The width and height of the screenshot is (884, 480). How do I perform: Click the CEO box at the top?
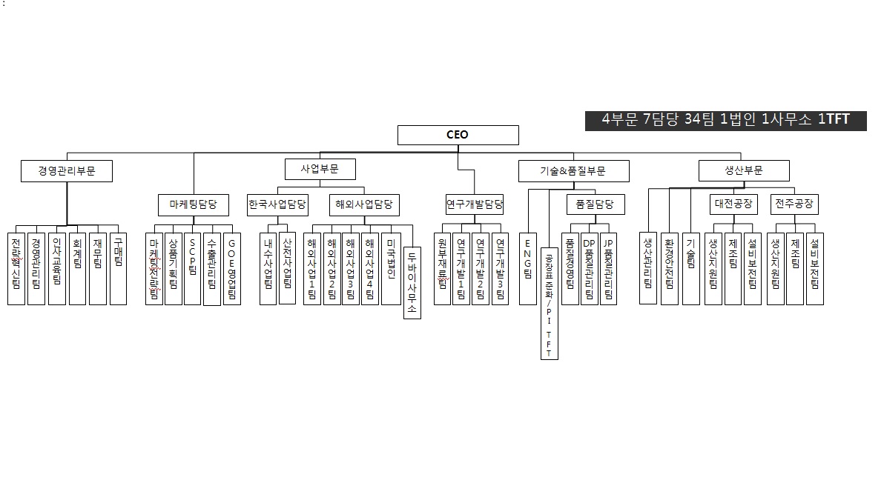click(x=458, y=135)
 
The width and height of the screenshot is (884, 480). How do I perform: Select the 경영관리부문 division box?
click(x=67, y=171)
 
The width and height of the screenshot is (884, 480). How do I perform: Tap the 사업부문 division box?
click(x=320, y=169)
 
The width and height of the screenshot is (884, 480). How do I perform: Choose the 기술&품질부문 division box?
click(x=573, y=171)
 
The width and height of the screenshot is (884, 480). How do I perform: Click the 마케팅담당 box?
click(x=194, y=204)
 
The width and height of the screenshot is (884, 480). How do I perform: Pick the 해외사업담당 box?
click(x=363, y=204)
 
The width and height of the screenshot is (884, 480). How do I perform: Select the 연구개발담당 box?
click(x=475, y=204)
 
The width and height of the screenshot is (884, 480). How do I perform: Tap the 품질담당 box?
click(x=595, y=204)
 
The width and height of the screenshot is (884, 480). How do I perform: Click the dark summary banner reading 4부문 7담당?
click(x=725, y=120)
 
